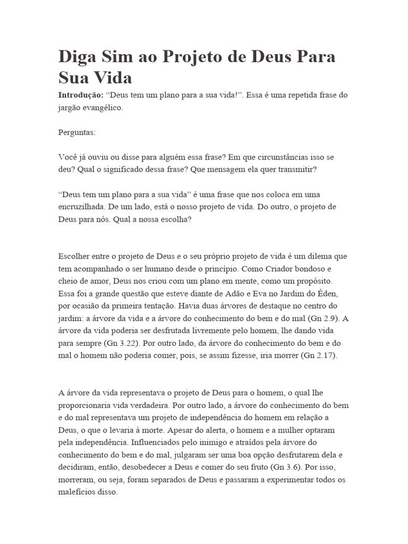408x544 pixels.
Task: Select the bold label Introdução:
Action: (81, 95)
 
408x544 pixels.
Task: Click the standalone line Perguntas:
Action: (77, 132)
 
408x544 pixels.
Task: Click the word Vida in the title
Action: (113, 78)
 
